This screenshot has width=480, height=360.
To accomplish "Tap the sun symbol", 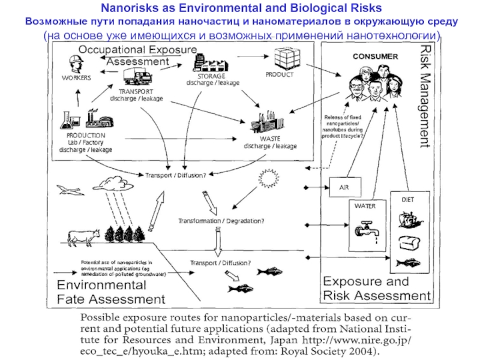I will click(268, 178).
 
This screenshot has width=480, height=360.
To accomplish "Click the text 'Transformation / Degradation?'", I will click(221, 221).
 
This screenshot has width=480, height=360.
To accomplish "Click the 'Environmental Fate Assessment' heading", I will click(110, 290).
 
